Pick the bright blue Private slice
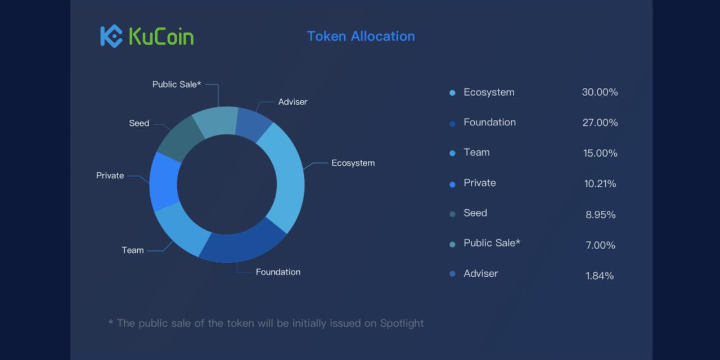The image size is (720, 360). pos(164,182)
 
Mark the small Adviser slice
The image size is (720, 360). pos(254,124)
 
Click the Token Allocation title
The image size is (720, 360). pos(361,36)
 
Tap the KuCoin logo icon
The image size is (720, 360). pos(111,36)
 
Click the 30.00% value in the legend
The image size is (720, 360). pos(600,92)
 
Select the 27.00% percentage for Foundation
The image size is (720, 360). pos(600,123)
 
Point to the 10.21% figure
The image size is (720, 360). pos(600,183)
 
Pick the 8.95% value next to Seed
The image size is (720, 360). pos(600,214)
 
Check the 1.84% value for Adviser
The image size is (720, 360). pos(600,276)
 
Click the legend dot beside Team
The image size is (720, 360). pos(452,154)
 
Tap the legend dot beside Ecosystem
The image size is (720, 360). pos(452,93)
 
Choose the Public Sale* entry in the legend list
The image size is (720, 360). pos(492,243)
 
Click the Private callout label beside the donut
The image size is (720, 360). pos(110,175)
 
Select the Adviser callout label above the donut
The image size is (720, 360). pos(292,102)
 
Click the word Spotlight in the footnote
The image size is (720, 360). pos(402,323)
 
